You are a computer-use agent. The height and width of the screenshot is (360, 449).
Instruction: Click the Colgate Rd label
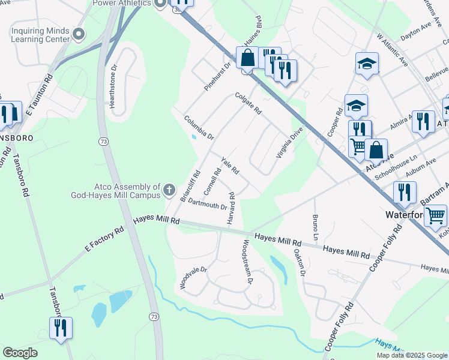[249, 103]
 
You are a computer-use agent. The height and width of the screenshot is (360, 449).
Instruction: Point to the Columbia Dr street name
[199, 127]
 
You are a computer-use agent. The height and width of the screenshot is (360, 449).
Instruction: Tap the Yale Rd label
[230, 166]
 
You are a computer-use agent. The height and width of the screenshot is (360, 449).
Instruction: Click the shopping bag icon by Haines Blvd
[247, 59]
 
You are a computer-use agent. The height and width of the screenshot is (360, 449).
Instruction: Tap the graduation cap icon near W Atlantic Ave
[367, 64]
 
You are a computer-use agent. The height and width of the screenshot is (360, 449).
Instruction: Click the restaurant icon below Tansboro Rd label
[61, 328]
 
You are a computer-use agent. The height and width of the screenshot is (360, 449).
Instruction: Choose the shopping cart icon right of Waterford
[435, 215]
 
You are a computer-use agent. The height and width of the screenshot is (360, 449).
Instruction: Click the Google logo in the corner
[20, 353]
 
